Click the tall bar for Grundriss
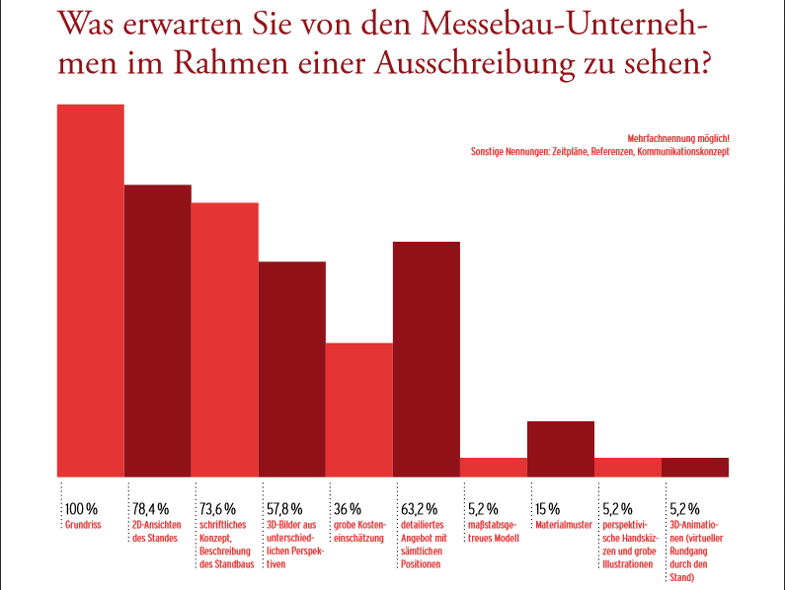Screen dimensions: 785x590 91,290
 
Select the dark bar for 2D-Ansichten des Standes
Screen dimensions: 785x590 158,331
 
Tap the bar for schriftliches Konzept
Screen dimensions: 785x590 225,339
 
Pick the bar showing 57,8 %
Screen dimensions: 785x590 292,369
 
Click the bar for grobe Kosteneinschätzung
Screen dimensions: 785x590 359,409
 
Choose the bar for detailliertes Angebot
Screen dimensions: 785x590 427,359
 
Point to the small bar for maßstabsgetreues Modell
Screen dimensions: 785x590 494,468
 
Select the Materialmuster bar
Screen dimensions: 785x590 561,449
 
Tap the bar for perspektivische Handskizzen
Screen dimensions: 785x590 628,468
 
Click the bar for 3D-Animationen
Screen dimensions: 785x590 695,468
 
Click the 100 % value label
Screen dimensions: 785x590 81,509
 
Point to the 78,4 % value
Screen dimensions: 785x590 151,509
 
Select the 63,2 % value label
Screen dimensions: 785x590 419,509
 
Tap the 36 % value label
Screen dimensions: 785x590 348,509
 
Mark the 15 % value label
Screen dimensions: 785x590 548,509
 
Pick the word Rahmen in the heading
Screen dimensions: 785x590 231,63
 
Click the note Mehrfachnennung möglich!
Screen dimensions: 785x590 678,138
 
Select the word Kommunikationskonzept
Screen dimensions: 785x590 683,151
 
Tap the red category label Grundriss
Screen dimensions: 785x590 83,525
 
